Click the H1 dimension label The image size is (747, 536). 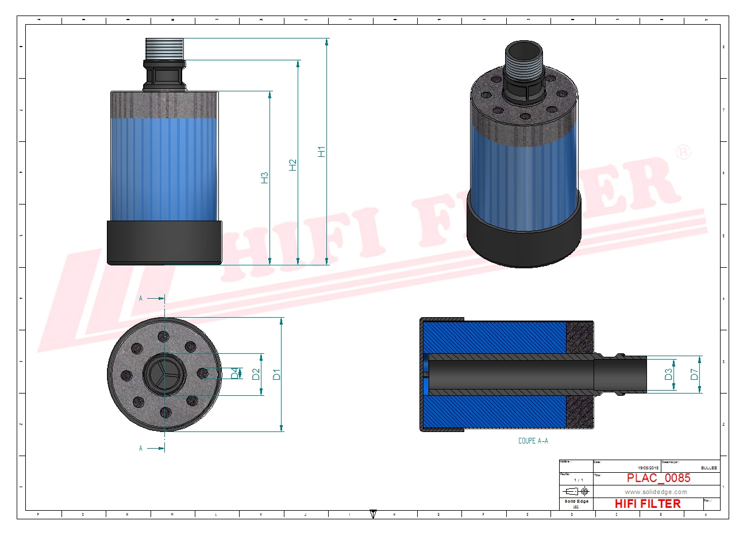tap(322, 152)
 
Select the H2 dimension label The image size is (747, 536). tap(293, 165)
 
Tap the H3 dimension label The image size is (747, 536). tap(265, 178)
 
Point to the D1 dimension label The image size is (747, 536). tap(277, 374)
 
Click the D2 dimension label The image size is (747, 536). tap(256, 374)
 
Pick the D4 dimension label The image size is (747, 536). tap(234, 373)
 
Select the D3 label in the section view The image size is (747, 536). tap(668, 374)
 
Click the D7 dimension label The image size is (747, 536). tap(694, 374)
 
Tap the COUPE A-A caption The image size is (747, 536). tap(533, 441)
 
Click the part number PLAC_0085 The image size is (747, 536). tap(659, 478)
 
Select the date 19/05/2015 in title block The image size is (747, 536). tap(649, 468)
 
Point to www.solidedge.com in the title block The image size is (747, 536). tap(656, 492)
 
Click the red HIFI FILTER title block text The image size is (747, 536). tap(648, 504)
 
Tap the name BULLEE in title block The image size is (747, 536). tap(709, 468)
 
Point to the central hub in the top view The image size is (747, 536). tap(164, 374)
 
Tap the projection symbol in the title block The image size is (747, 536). tap(576, 491)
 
